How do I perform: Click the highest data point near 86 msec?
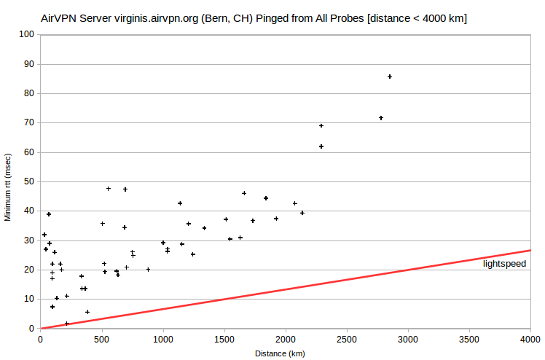click(x=390, y=77)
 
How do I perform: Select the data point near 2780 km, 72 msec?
click(x=381, y=118)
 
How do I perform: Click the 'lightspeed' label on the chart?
click(x=504, y=264)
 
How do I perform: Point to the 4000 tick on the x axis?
click(x=530, y=339)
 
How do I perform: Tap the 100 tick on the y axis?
click(x=26, y=34)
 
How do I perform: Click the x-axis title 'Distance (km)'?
click(x=280, y=353)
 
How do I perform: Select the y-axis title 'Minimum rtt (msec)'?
click(x=7, y=187)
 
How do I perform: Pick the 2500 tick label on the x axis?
click(x=347, y=339)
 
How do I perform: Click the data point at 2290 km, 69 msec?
click(x=321, y=126)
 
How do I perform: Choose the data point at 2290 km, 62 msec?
click(x=321, y=146)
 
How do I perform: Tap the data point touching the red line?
click(x=67, y=324)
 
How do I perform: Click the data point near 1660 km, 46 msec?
click(x=244, y=193)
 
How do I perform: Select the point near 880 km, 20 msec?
click(x=148, y=270)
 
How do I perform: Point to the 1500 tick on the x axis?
click(x=224, y=339)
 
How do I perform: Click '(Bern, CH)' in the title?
click(x=227, y=18)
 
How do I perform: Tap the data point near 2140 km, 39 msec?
click(x=302, y=213)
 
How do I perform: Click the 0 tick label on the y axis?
click(x=31, y=329)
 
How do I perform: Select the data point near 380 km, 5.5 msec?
click(x=87, y=312)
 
